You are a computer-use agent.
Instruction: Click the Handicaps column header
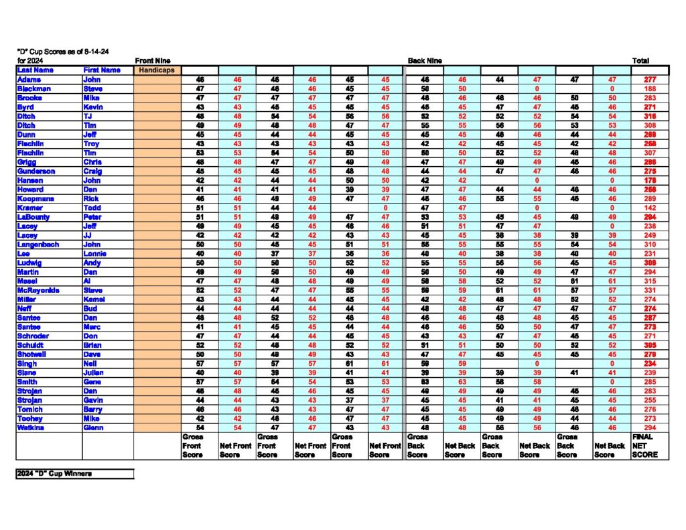click(156, 70)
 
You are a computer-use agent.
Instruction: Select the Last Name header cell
click(36, 70)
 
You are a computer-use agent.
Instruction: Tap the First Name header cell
click(102, 70)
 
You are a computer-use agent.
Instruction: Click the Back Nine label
click(425, 60)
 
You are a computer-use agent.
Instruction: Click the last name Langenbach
click(39, 245)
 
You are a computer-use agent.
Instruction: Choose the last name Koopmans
click(36, 198)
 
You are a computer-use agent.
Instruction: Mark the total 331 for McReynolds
click(649, 290)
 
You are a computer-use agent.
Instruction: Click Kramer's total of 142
click(649, 208)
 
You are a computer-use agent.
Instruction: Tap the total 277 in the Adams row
click(649, 79)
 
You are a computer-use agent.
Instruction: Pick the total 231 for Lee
click(649, 253)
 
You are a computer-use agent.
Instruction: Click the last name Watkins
click(32, 427)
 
